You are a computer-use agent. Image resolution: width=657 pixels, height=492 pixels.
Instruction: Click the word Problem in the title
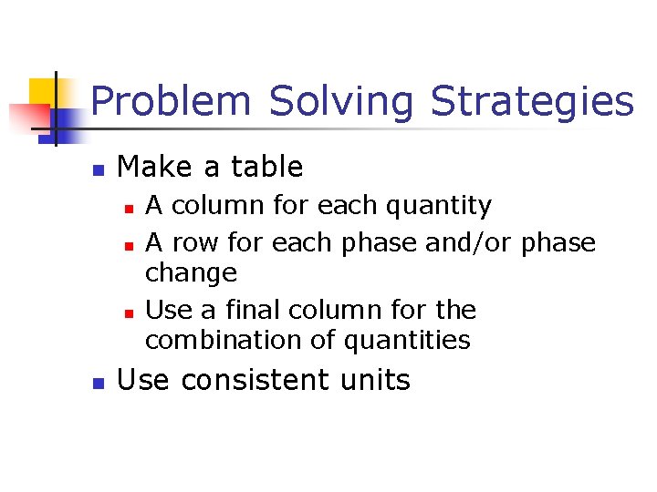171,102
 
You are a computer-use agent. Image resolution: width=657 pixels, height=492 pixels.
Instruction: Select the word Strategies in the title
532,102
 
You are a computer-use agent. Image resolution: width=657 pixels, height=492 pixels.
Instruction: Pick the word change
191,273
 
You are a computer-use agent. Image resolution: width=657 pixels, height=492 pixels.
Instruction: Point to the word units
376,380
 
